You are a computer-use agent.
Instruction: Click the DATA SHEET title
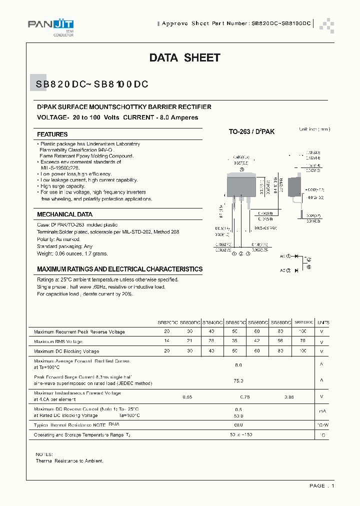[184, 58]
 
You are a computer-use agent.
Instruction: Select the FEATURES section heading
[52, 134]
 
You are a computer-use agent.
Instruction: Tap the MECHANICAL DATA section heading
[64, 214]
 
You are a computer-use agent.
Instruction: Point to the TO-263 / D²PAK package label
[251, 131]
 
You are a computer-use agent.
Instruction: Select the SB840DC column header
[212, 323]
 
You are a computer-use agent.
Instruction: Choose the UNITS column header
[323, 323]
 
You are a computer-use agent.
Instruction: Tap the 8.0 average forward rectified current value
[238, 365]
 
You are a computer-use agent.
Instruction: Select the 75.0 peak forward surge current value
[238, 380]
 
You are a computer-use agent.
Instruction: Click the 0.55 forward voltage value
[187, 397]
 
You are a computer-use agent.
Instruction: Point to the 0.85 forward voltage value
[289, 397]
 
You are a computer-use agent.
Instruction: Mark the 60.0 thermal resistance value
[238, 425]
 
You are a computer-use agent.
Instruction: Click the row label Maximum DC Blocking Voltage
[66, 351]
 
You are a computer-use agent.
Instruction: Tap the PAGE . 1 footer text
[321, 485]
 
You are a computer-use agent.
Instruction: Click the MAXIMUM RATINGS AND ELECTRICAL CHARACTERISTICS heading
[120, 269]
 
